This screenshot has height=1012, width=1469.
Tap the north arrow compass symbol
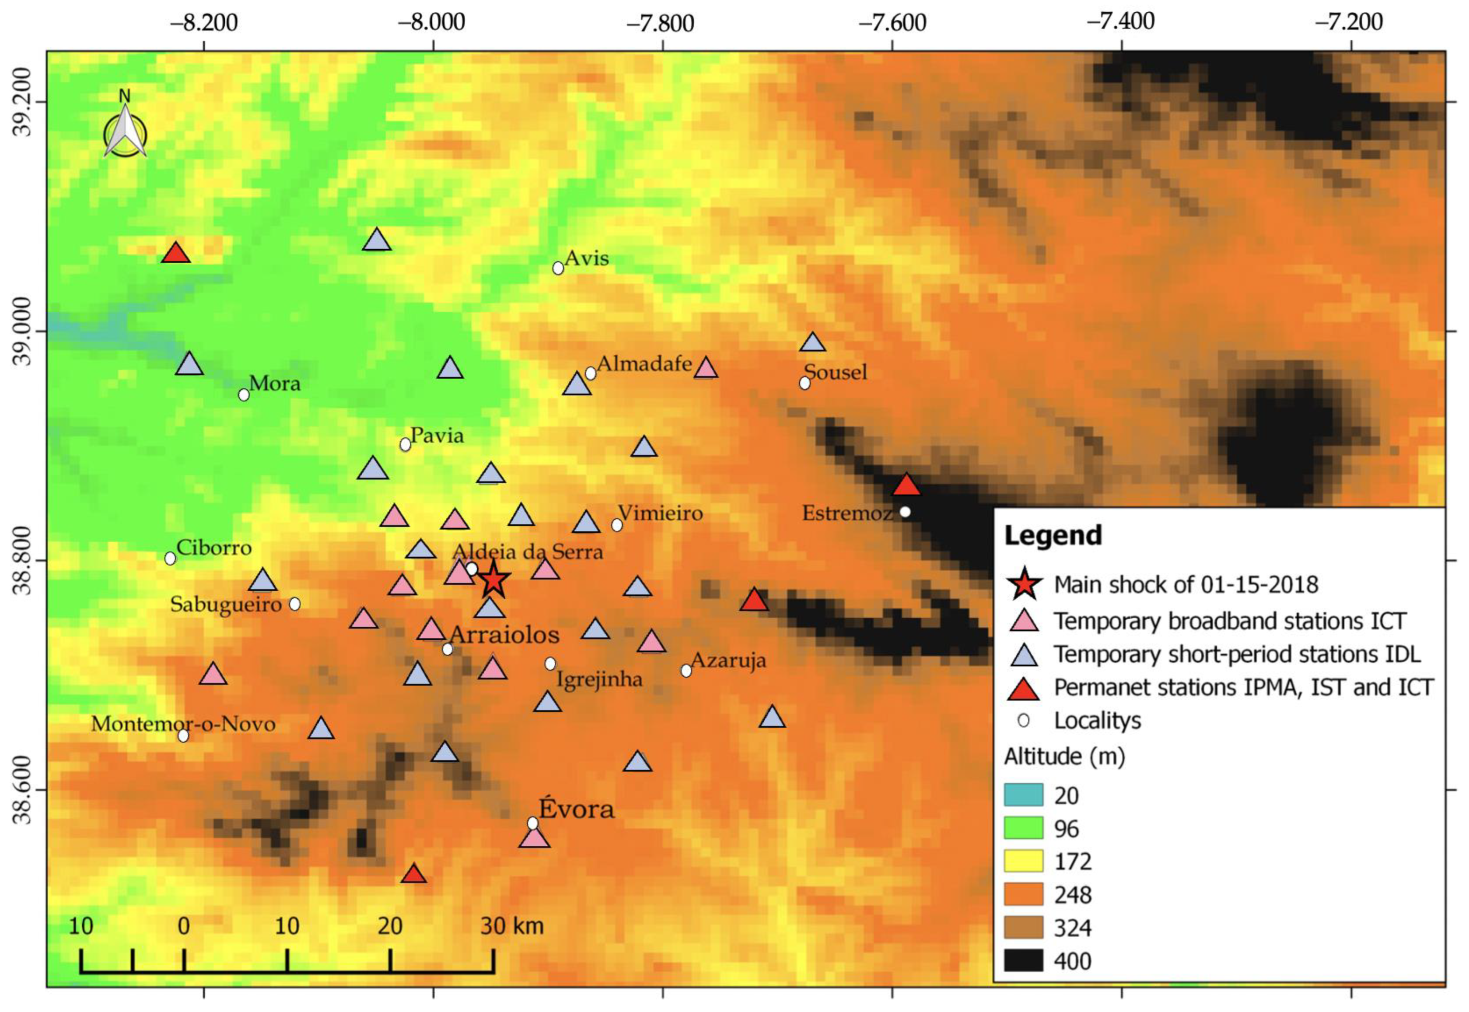(125, 131)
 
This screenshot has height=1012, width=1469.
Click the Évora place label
(576, 810)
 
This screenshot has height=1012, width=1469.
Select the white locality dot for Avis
(557, 268)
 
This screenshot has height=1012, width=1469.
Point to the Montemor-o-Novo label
(183, 724)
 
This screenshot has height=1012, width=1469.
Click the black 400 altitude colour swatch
(1023, 961)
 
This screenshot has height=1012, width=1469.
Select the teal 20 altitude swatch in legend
(1023, 795)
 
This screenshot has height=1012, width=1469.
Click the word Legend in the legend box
(1053, 536)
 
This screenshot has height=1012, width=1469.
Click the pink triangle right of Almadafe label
(705, 368)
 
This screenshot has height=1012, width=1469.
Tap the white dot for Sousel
(804, 383)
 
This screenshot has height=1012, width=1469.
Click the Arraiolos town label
(504, 635)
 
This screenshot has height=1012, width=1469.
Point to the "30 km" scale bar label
(512, 926)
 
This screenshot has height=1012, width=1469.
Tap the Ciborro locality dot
(170, 558)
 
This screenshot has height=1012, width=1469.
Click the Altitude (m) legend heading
(1064, 757)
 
